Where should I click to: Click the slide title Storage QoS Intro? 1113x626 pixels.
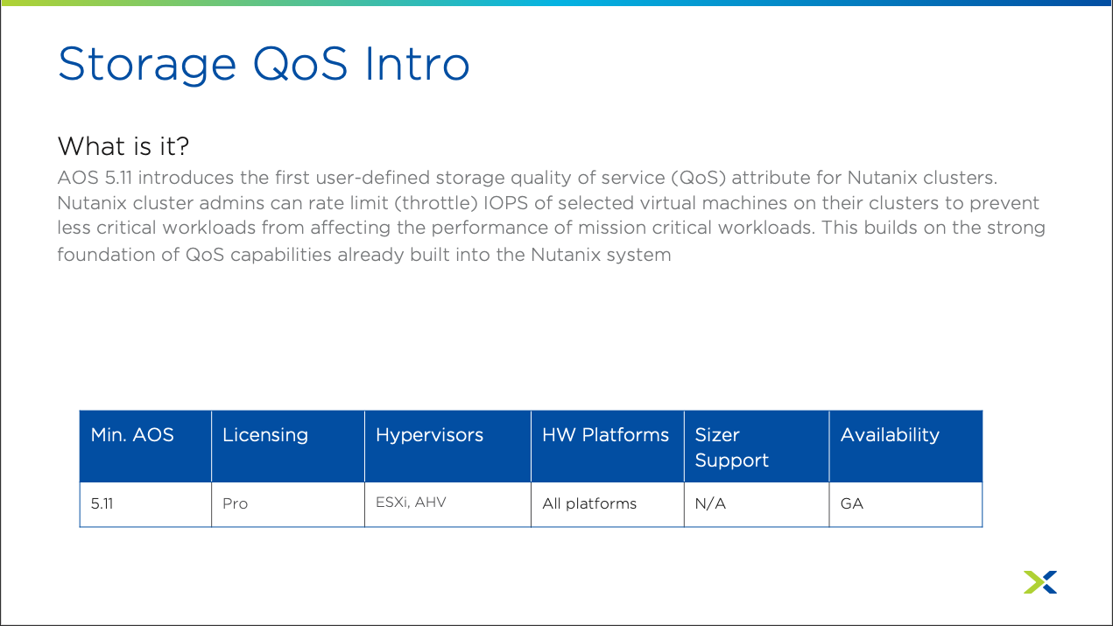click(264, 65)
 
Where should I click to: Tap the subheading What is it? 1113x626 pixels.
click(123, 146)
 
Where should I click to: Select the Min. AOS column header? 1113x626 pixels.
click(132, 435)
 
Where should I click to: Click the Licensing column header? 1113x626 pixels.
click(264, 436)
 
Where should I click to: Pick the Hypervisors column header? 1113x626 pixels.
click(429, 436)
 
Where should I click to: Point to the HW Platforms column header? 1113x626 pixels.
click(605, 435)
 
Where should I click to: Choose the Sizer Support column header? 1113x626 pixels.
click(731, 447)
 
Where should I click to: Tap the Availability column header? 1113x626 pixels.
click(890, 436)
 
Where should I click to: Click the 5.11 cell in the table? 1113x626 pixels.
click(102, 503)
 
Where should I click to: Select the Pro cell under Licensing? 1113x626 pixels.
click(235, 503)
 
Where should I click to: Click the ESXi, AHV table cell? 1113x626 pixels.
click(411, 503)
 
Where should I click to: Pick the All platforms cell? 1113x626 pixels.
click(589, 503)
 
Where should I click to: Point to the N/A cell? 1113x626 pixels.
click(710, 503)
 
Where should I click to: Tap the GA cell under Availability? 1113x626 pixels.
click(852, 503)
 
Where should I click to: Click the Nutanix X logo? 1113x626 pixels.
click(1040, 581)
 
